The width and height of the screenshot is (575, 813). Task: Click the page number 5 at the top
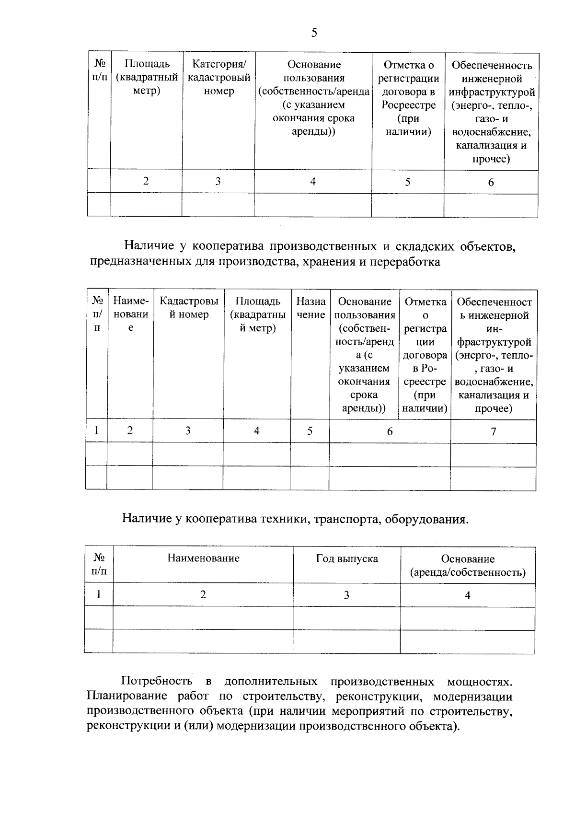click(x=314, y=33)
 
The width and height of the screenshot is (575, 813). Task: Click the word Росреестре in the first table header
click(x=408, y=105)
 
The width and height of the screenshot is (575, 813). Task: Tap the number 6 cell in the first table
click(x=491, y=182)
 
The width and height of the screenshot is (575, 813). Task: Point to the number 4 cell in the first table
click(x=313, y=181)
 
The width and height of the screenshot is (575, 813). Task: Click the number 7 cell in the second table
click(x=493, y=431)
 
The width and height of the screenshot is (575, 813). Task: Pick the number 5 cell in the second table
click(x=310, y=431)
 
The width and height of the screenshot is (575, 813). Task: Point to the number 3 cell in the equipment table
click(x=346, y=595)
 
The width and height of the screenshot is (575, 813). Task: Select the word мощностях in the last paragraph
click(x=479, y=681)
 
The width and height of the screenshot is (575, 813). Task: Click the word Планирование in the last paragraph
click(x=127, y=696)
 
